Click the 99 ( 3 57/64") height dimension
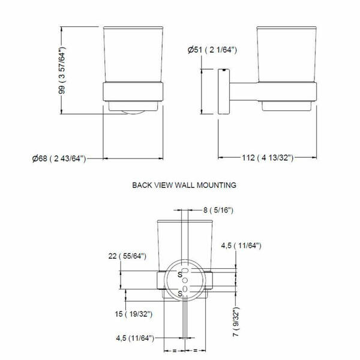tap(62, 70)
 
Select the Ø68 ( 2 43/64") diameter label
tap(59, 158)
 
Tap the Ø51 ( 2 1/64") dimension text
tap(212, 50)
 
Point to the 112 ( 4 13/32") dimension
tap(268, 158)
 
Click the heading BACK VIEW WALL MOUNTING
tap(184, 185)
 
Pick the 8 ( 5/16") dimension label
tap(218, 210)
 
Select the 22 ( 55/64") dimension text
tap(127, 256)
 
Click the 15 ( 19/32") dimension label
tap(133, 314)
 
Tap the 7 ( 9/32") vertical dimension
tap(236, 322)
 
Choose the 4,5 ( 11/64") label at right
tap(241, 245)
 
